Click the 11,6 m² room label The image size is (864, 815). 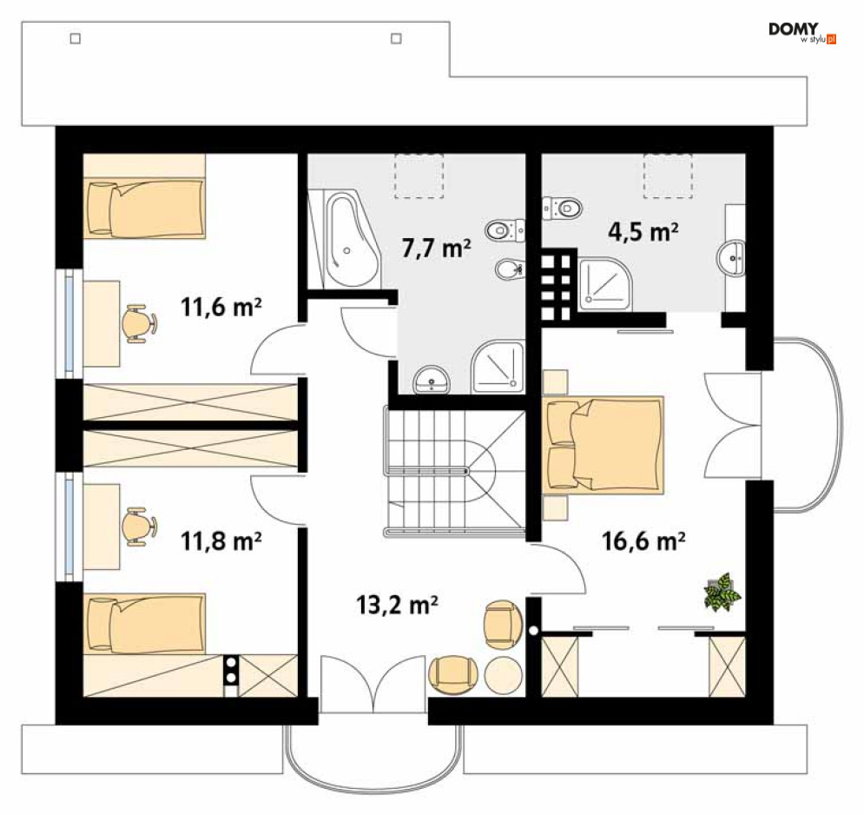[221, 307]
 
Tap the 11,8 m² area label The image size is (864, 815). [221, 541]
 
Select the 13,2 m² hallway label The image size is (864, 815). [398, 605]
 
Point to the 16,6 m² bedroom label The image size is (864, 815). [643, 541]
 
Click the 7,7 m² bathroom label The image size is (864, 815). [437, 248]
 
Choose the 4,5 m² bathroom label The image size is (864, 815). [643, 232]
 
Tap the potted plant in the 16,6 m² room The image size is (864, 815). [722, 592]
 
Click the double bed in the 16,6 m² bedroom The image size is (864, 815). [603, 445]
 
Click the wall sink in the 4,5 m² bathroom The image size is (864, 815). [732, 257]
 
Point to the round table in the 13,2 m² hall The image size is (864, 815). [503, 676]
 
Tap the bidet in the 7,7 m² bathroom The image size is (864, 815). [510, 269]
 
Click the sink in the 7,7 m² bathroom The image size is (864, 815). [432, 380]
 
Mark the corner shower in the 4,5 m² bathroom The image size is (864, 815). [605, 284]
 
